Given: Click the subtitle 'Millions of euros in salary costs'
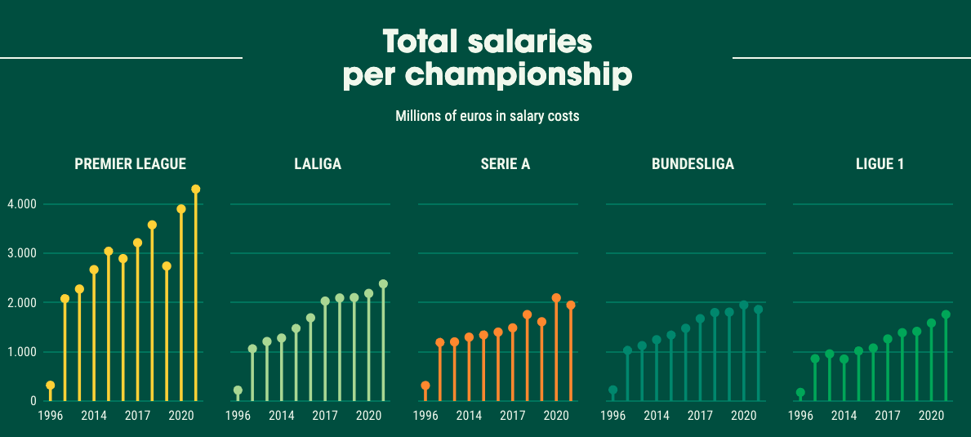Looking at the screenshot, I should pyautogui.click(x=488, y=116).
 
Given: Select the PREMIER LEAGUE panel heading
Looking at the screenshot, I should pyautogui.click(x=131, y=164).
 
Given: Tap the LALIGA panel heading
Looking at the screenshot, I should pyautogui.click(x=318, y=164).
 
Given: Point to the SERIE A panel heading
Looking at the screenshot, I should pyautogui.click(x=506, y=164).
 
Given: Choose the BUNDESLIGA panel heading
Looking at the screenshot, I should pyautogui.click(x=693, y=164).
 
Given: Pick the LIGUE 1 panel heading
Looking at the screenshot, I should pyautogui.click(x=880, y=164).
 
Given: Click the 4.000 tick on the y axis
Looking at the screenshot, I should pyautogui.click(x=22, y=204).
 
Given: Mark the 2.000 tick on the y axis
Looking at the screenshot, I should pyautogui.click(x=22, y=303).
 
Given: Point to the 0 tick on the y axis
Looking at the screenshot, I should pyautogui.click(x=33, y=401).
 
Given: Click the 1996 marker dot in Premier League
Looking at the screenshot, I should pyautogui.click(x=51, y=386).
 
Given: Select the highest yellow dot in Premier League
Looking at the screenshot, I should pyautogui.click(x=195, y=190).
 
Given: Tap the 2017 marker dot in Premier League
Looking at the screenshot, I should pyautogui.click(x=137, y=243).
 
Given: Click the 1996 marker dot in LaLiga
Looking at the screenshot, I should pyautogui.click(x=238, y=390).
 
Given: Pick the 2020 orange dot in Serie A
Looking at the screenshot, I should pyautogui.click(x=556, y=298).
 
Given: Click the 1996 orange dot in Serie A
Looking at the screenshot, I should pyautogui.click(x=425, y=386).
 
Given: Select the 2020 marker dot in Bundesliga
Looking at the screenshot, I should pyautogui.click(x=743, y=305).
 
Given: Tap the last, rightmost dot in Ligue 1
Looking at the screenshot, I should pyautogui.click(x=946, y=314).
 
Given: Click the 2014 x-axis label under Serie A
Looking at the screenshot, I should pyautogui.click(x=469, y=416).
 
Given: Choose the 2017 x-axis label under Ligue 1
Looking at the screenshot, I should pyautogui.click(x=888, y=416).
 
